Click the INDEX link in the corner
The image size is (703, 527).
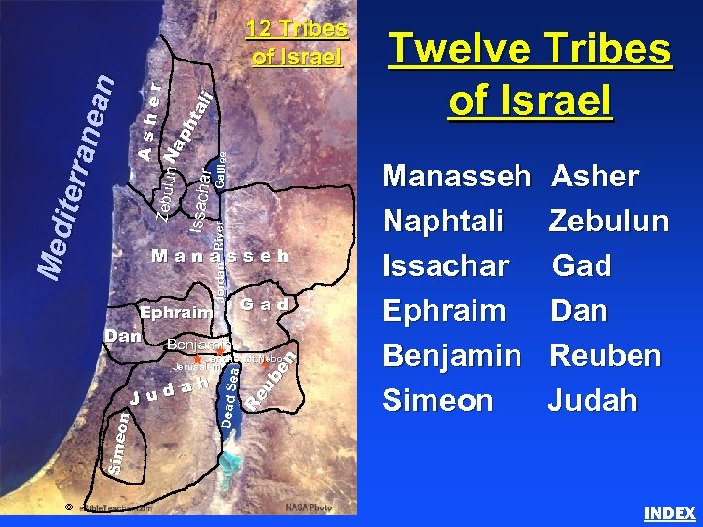670,513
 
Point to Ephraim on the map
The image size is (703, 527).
176,314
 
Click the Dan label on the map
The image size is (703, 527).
123,335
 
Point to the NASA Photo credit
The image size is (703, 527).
309,507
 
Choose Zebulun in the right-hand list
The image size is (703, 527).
608,222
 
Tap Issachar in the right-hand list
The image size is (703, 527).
446,266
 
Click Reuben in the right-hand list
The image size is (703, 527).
607,356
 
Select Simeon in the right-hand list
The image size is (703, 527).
438,400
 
